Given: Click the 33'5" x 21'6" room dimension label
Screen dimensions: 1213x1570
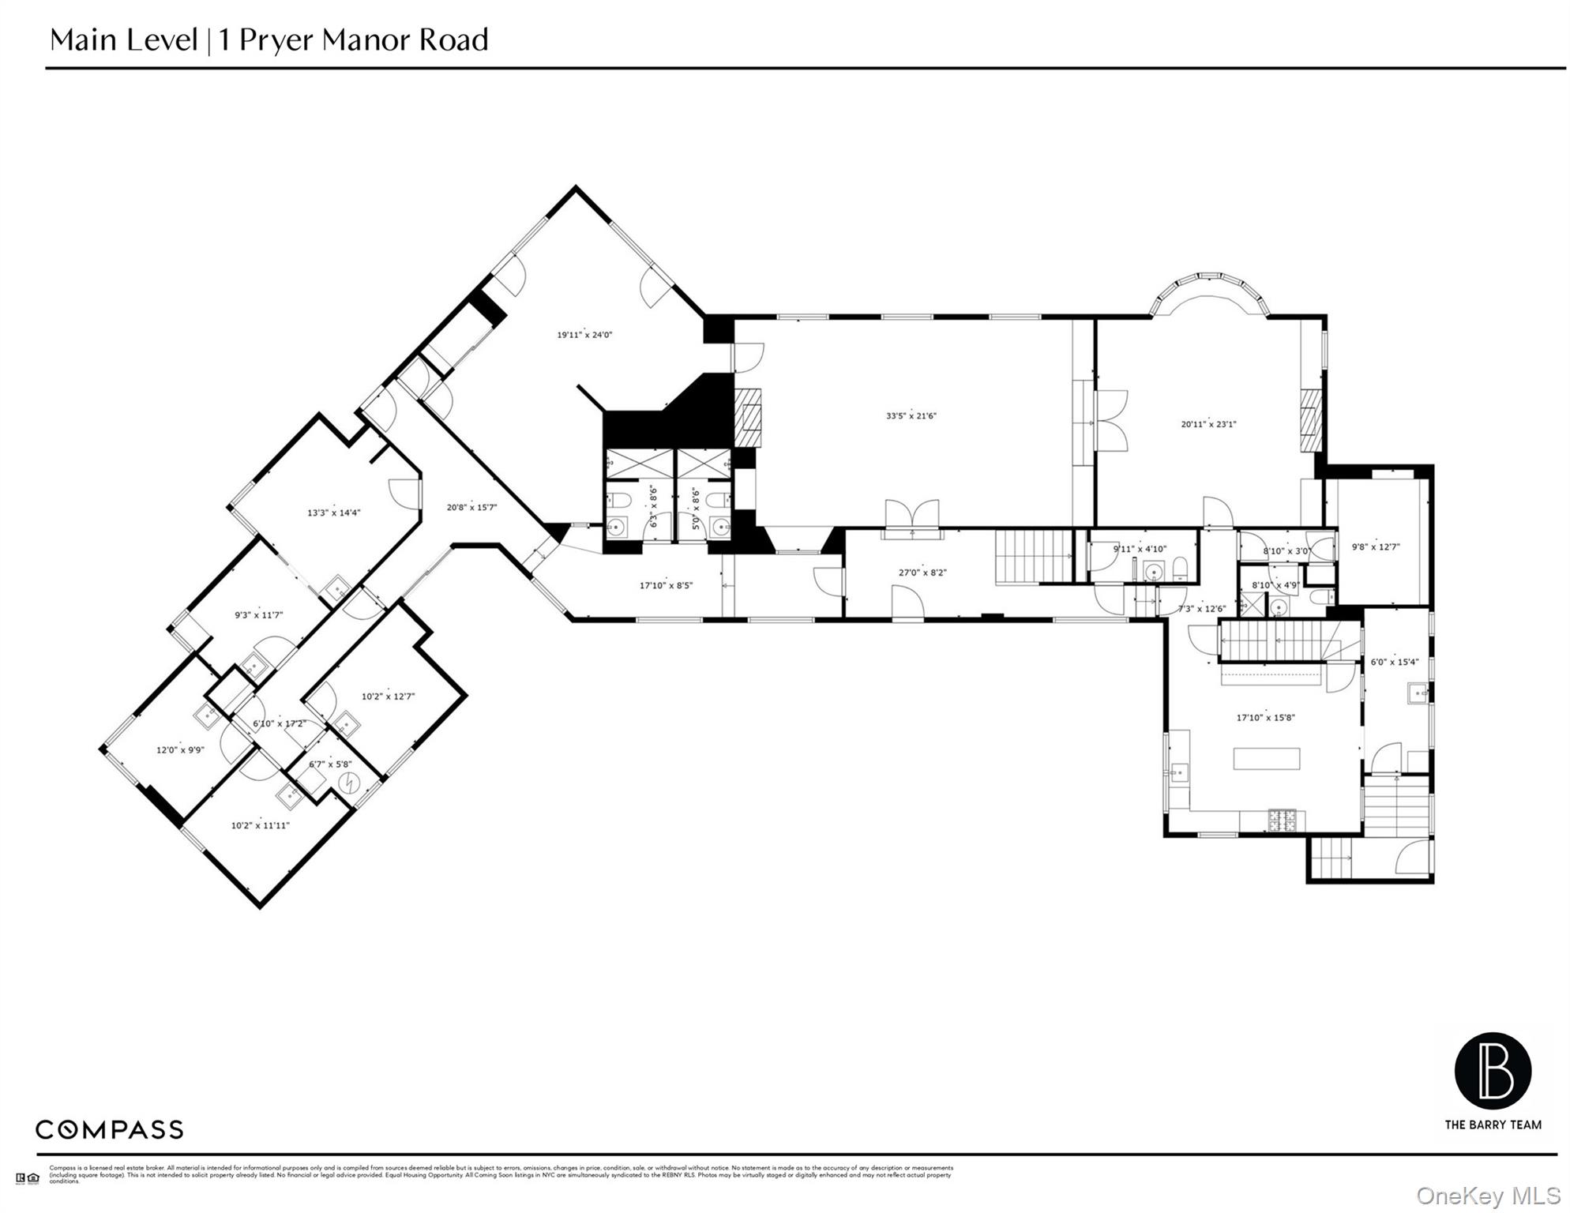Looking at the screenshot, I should pyautogui.click(x=911, y=415).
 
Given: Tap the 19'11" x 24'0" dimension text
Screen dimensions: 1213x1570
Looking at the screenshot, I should pyautogui.click(x=584, y=335).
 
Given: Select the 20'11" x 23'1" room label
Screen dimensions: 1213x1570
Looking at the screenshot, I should pyautogui.click(x=1208, y=424).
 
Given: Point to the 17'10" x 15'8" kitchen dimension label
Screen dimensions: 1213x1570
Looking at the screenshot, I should pyautogui.click(x=1265, y=718).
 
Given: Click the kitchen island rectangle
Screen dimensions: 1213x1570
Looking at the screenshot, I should pyautogui.click(x=1266, y=758).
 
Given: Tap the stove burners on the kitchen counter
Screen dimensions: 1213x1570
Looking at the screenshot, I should pyautogui.click(x=1283, y=821).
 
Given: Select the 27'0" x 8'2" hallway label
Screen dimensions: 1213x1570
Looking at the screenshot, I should pyautogui.click(x=922, y=573).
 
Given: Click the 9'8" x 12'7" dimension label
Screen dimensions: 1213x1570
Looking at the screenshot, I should pyautogui.click(x=1376, y=546).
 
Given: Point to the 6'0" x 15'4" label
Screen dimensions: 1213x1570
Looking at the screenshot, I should pyautogui.click(x=1394, y=662).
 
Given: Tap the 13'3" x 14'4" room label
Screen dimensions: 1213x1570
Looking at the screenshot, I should pyautogui.click(x=333, y=513).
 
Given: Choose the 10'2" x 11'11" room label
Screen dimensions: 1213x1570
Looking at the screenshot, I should pyautogui.click(x=260, y=825).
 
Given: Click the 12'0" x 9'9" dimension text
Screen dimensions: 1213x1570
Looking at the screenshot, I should pyautogui.click(x=180, y=749).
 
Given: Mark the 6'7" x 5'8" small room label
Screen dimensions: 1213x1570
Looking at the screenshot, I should pyautogui.click(x=329, y=764).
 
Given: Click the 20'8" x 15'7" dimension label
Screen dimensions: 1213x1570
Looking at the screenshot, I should pyautogui.click(x=471, y=507).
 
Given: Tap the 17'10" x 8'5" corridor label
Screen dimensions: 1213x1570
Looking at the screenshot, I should pyautogui.click(x=666, y=585).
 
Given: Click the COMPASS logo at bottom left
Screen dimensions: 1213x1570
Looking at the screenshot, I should pyautogui.click(x=109, y=1129).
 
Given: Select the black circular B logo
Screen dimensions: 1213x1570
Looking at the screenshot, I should pyautogui.click(x=1493, y=1070).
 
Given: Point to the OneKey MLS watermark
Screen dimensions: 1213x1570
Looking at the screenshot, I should pyautogui.click(x=1488, y=1196).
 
